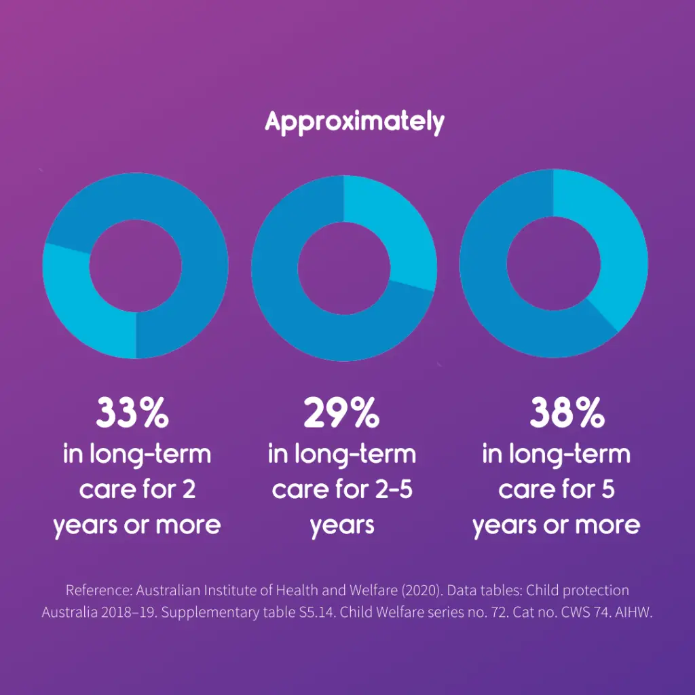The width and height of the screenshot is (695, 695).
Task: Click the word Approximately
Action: (354, 122)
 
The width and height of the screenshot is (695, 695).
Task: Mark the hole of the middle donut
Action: (344, 265)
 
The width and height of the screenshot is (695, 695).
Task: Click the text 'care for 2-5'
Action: (342, 489)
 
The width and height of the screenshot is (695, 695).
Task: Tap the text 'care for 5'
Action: (557, 489)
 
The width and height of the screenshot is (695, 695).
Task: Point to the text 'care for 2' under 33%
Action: (138, 489)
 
